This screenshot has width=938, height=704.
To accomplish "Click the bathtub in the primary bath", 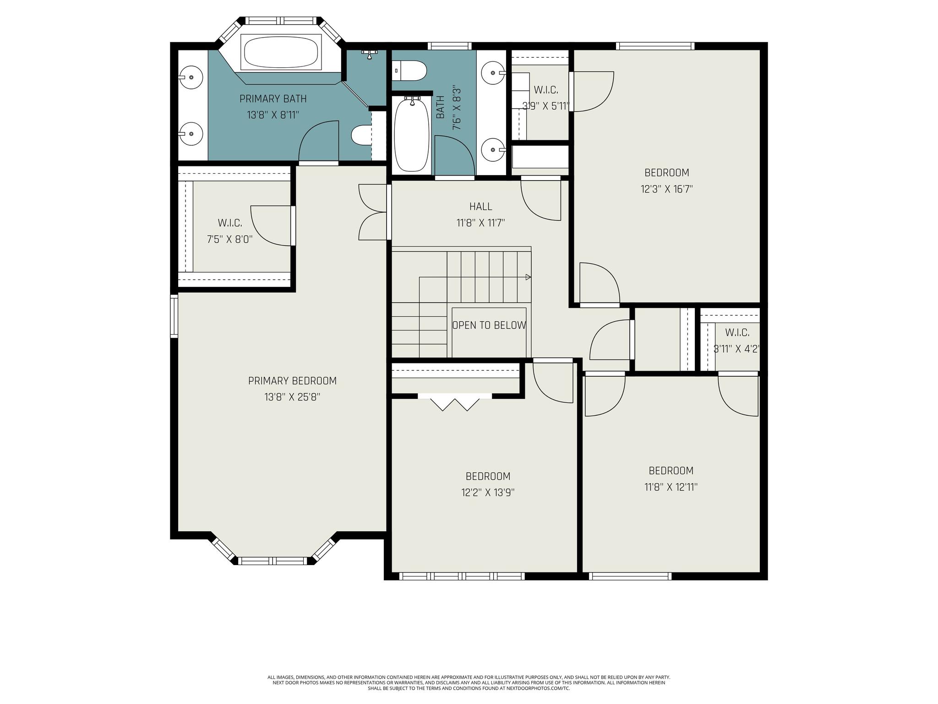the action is point(281,53).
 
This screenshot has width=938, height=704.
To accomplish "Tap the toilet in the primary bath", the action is point(361,136).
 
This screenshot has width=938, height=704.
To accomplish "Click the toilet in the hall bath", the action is point(409,71).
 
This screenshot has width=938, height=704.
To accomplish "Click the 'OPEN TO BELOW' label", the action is point(489,325).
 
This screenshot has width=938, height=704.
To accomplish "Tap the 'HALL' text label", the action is point(480,207).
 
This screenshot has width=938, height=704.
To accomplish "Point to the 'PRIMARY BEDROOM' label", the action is point(292,381).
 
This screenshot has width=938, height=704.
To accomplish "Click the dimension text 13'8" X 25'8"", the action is point(292,397).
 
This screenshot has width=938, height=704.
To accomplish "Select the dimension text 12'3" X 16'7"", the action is point(666,189).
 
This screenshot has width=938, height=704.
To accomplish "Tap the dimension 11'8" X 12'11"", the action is point(671,487).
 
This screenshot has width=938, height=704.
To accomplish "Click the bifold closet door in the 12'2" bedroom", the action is point(455,402).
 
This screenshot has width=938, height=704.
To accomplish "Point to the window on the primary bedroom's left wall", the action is point(174,316).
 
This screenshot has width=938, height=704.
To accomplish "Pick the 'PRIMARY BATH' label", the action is point(273,99).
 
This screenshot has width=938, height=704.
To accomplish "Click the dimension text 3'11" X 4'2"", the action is point(737,349).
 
